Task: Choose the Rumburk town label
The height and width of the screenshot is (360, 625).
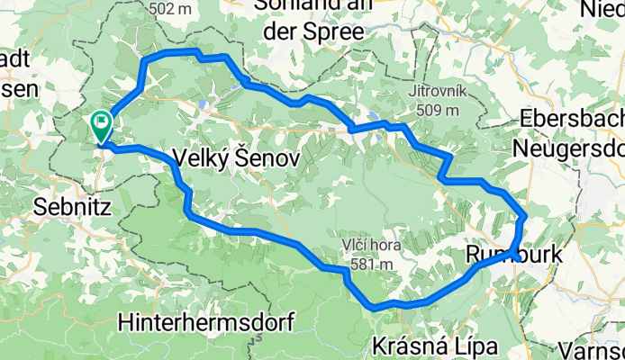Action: (x=514, y=256)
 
